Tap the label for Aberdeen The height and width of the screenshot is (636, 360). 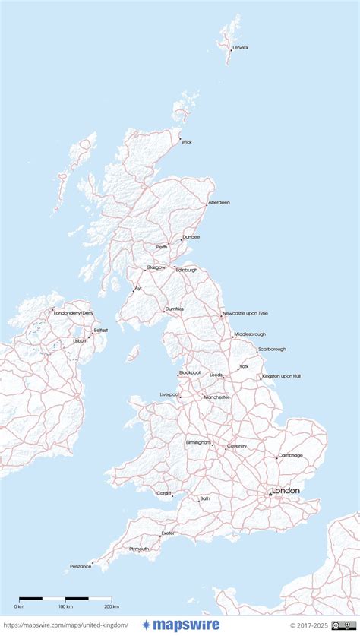click(219, 202)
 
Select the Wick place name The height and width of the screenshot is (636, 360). click(187, 141)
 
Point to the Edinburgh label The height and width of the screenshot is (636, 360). click(187, 270)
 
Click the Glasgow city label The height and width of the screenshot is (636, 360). click(156, 267)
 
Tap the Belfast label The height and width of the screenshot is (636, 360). click(101, 330)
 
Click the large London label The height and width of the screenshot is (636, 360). click(286, 491)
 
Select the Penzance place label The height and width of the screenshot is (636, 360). click(80, 566)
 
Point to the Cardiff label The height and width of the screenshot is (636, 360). click(164, 493)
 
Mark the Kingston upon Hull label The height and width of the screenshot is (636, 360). click(282, 376)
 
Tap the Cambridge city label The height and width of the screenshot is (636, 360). click(290, 455)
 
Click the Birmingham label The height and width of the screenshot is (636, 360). click(198, 441)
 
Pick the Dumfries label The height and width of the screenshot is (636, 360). click(175, 309)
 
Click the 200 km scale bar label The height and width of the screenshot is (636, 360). click(112, 606)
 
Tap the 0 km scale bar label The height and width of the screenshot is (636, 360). click(19, 606)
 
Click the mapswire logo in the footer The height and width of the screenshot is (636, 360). click(180, 625)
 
